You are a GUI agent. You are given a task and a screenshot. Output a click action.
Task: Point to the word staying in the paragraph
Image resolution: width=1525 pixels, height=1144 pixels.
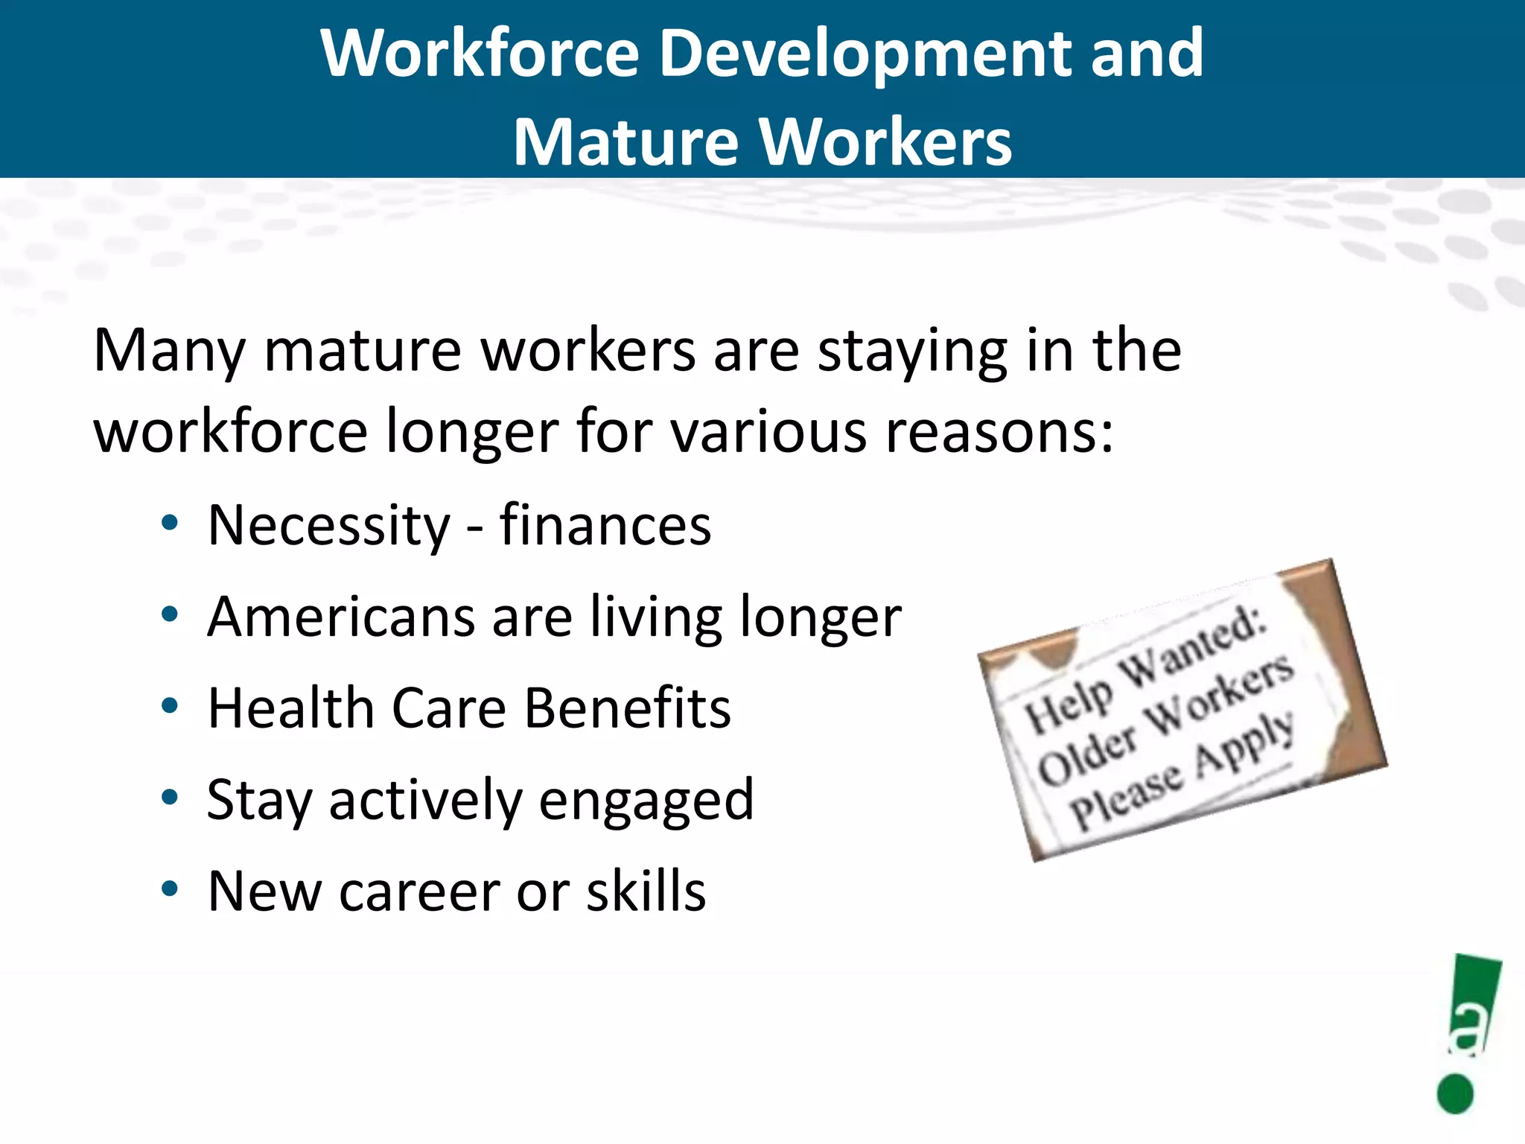913,350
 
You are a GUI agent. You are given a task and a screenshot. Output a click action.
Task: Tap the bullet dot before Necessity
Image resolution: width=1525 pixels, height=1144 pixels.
170,524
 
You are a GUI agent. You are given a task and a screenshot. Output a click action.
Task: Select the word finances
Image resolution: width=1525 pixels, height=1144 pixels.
605,525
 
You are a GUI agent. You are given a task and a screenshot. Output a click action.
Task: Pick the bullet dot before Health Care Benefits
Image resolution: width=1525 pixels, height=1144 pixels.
170,706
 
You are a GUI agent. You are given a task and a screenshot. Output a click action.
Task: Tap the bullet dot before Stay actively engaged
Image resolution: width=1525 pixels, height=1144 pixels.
170,798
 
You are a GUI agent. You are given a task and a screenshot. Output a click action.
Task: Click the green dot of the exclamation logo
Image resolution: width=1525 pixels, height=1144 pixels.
1455,1093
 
